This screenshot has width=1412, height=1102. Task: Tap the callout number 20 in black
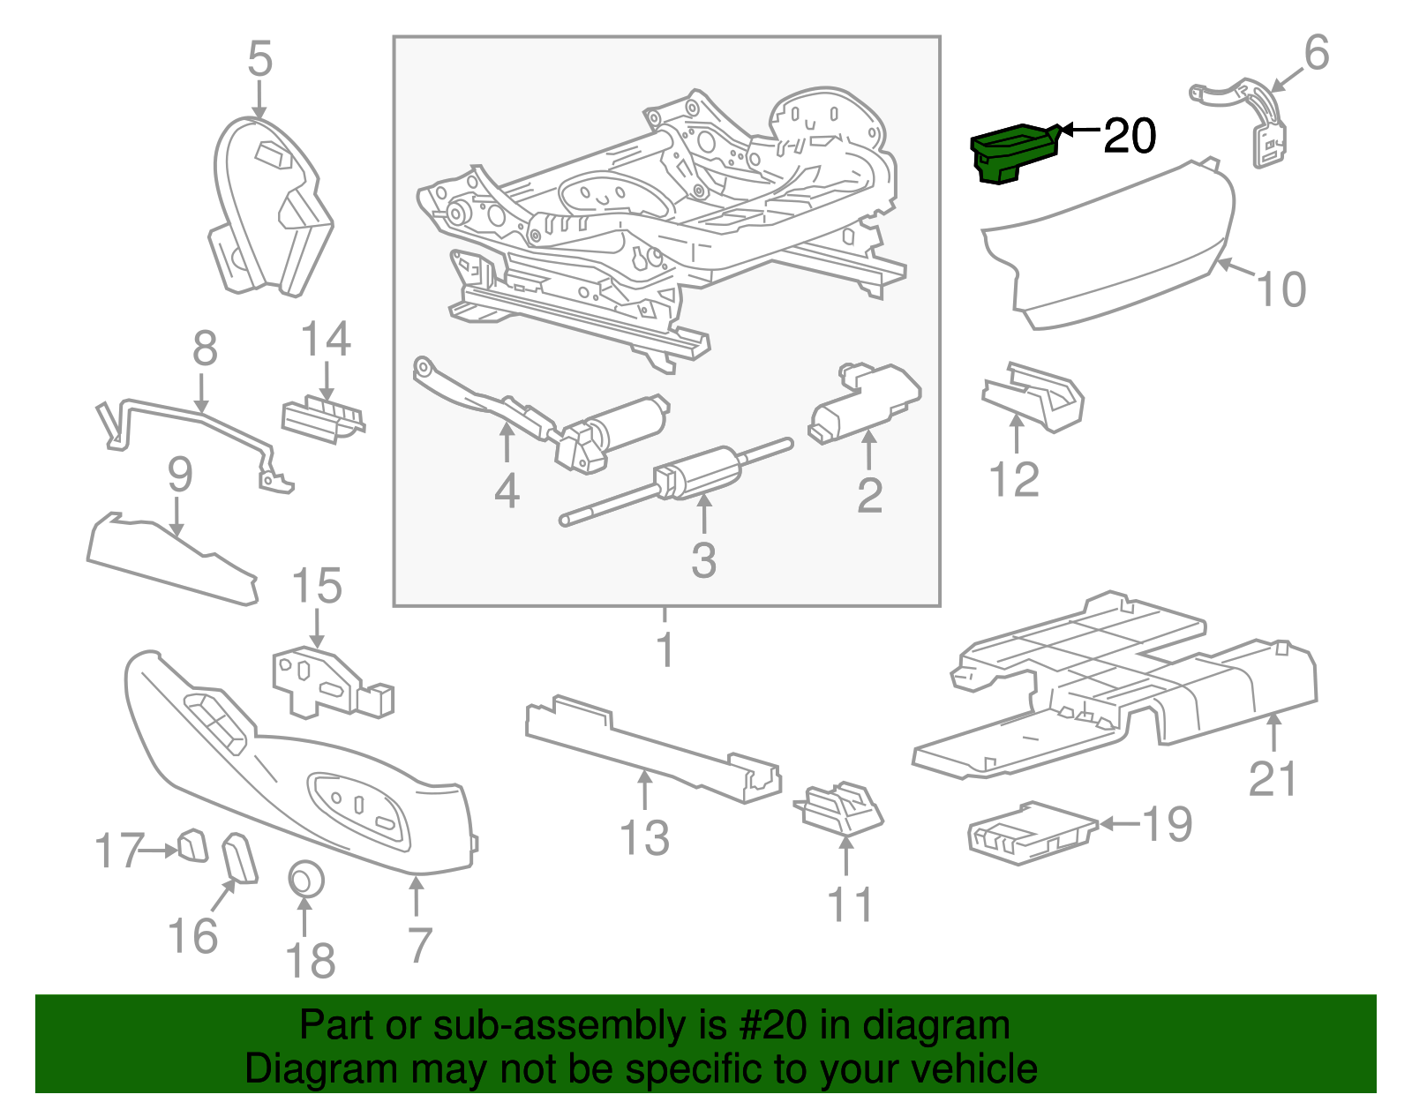click(x=1129, y=136)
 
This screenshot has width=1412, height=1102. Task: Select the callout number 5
click(x=259, y=59)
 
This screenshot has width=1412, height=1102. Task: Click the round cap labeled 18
click(x=305, y=879)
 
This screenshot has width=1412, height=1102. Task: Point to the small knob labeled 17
click(x=192, y=845)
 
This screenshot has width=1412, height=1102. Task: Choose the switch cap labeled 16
click(x=240, y=858)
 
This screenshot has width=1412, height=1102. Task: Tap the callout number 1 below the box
click(x=665, y=650)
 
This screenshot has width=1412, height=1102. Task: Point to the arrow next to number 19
click(x=1119, y=824)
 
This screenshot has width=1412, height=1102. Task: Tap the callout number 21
click(x=1273, y=779)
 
